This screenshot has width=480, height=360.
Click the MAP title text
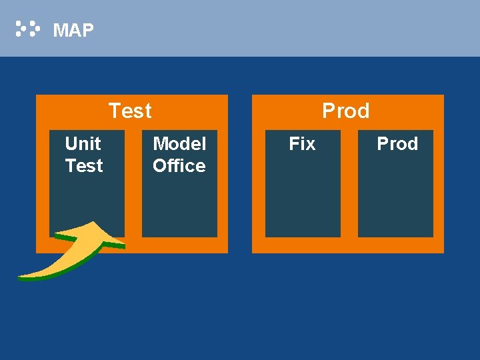pos(73,30)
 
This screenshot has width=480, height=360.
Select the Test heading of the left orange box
pos(130,111)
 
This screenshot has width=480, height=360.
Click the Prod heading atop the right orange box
pos(345,111)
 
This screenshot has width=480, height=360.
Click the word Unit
pos(83,143)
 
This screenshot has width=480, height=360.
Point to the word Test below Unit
pos(84,166)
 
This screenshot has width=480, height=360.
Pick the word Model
pos(179,143)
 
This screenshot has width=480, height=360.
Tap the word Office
pos(179,166)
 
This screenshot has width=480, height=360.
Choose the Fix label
pos(302,143)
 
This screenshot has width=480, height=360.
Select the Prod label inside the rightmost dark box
pos(397,143)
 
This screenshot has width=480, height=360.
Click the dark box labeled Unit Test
pos(87,200)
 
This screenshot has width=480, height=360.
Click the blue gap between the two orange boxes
pos(240,173)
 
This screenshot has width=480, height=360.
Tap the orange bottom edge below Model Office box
pos(179,245)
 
